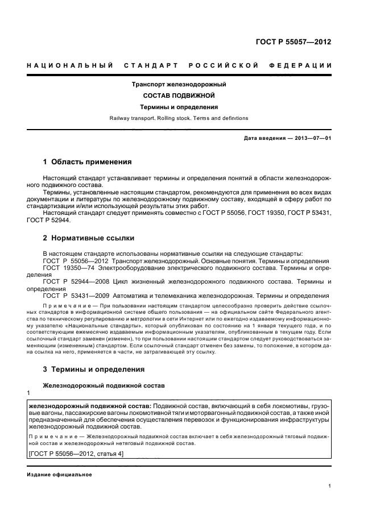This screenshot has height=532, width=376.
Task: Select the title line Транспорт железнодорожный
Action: pos(179,84)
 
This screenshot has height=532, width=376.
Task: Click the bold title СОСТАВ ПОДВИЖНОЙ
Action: pos(179,95)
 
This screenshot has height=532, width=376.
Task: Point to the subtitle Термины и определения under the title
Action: pos(179,107)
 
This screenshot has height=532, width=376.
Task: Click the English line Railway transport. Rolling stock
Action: pos(179,118)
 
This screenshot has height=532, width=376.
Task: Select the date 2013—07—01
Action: pos(311,138)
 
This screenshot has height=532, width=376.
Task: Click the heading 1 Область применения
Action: pos(87,161)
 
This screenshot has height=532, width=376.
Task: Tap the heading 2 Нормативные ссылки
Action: pos(89,238)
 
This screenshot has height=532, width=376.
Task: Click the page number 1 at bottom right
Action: pos(330,486)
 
